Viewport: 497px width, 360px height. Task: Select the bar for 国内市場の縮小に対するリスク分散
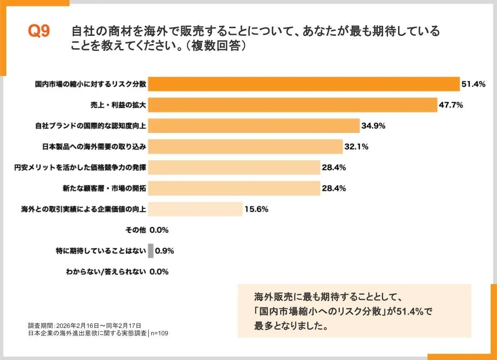(304, 84)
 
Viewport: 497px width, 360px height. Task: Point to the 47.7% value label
(451, 105)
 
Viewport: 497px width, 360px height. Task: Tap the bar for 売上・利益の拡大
(292, 105)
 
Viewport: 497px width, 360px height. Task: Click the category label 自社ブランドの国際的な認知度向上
(90, 126)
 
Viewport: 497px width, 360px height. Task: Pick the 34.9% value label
(373, 126)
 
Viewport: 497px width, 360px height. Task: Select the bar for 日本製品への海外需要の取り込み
(245, 147)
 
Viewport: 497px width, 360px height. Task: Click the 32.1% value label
(356, 147)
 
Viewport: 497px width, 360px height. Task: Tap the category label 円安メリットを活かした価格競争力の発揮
(80, 168)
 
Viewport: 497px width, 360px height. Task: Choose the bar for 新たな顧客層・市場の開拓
(234, 188)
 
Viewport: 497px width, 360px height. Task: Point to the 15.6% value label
(256, 209)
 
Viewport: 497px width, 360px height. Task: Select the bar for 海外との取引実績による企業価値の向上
(195, 209)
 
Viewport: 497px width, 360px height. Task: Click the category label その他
(135, 230)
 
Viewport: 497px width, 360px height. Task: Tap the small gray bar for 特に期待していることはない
(151, 251)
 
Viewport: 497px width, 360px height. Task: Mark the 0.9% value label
(165, 251)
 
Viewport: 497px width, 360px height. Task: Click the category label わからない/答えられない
(106, 272)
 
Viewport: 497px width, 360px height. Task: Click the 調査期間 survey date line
(84, 325)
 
